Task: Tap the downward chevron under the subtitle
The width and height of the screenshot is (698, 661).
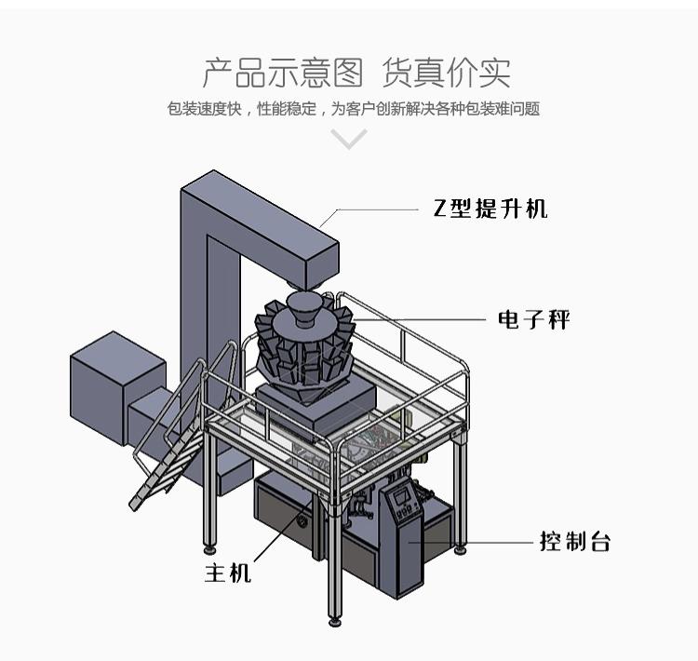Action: coord(349,140)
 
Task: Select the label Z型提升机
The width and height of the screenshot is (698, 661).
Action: coord(490,209)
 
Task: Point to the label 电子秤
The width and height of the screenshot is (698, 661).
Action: coord(533,320)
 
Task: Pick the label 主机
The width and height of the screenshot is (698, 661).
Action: coord(228,572)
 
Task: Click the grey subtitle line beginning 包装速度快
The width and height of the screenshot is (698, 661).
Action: coord(354,109)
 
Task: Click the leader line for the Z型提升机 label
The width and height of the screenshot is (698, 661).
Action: coord(372,209)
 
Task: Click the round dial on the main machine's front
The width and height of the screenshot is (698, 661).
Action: coord(302,524)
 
